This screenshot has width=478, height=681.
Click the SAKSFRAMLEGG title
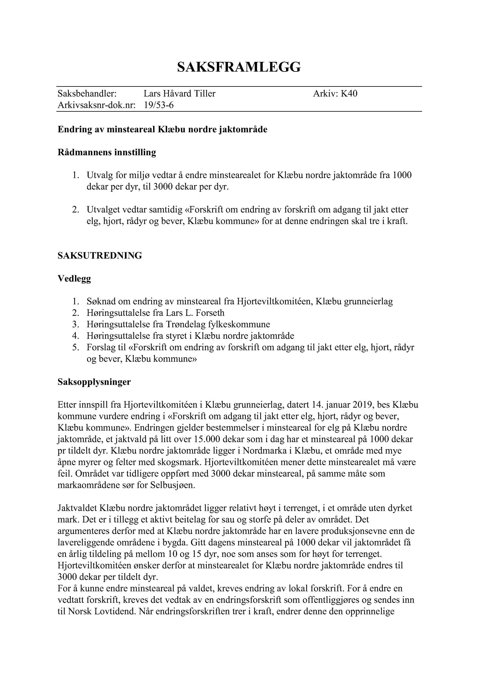(x=239, y=67)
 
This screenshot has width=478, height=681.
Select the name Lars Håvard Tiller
(x=179, y=94)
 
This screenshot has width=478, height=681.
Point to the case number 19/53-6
(x=159, y=105)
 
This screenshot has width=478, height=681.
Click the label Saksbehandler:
(x=87, y=94)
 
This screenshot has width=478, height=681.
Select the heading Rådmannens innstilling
(x=107, y=153)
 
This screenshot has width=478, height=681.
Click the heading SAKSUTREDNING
(x=100, y=255)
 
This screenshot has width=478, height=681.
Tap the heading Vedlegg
(x=74, y=279)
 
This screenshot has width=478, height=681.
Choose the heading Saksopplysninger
(x=94, y=382)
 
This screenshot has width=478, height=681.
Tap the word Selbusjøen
(x=172, y=485)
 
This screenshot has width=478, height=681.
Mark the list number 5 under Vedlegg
(x=75, y=347)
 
